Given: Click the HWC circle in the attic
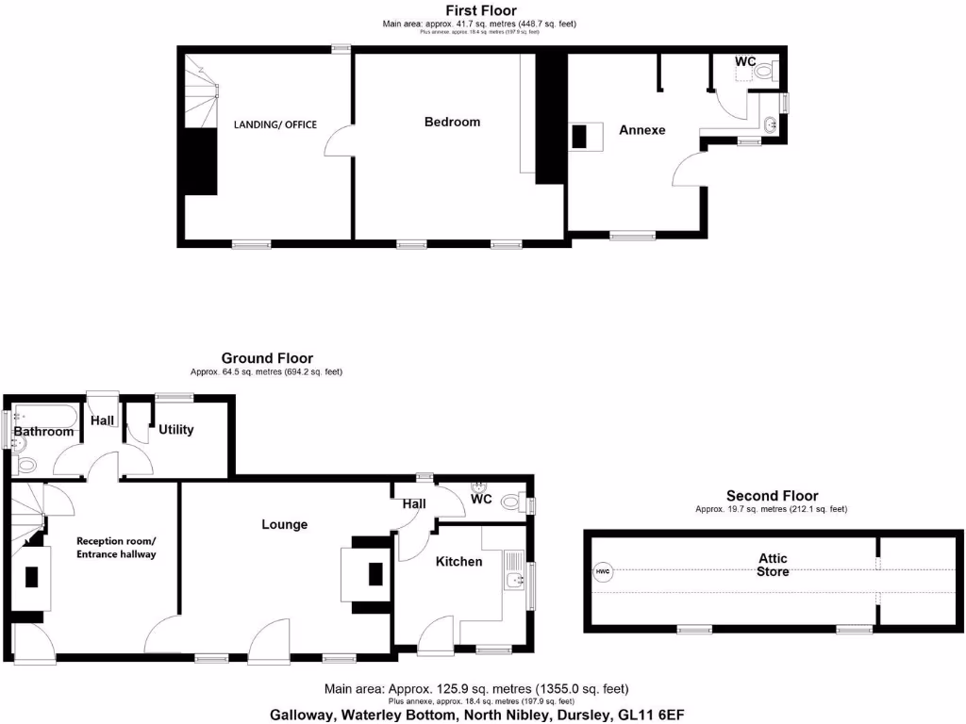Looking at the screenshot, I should [602, 571].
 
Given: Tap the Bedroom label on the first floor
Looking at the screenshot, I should [452, 122].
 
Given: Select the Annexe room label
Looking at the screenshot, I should [641, 130].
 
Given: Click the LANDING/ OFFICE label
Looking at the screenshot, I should [275, 124].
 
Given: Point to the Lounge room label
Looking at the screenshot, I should [284, 524].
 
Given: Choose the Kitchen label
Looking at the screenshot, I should [458, 562].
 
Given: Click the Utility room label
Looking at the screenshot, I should [176, 430].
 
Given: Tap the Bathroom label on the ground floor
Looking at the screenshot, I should [43, 432].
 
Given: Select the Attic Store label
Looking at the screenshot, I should [773, 565].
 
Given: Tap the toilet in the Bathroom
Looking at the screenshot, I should [25, 463].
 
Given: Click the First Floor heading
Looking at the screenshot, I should [481, 10].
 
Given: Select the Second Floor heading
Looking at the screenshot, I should [772, 496].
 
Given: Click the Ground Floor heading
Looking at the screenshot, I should [267, 358].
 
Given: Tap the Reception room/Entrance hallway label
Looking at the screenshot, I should [116, 548].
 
